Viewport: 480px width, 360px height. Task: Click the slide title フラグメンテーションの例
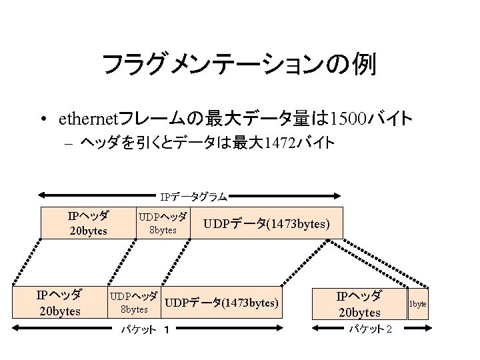tap(239, 65)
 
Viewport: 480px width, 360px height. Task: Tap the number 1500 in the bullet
tap(349, 119)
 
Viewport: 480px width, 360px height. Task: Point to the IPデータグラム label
tap(193, 197)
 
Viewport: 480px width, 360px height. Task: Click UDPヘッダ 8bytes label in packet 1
tap(133, 303)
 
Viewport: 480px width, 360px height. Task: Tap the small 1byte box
tap(418, 303)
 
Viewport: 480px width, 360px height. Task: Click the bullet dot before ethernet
tap(42, 121)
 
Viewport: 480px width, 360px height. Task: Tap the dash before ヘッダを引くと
tap(69, 143)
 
